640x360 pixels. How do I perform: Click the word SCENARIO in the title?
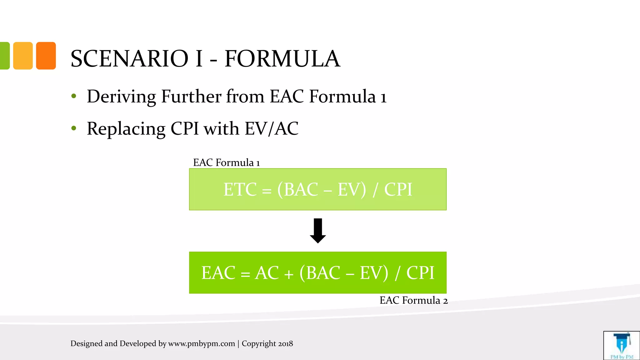(129, 59)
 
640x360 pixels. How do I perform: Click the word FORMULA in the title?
(282, 59)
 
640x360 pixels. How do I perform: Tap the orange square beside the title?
(46, 56)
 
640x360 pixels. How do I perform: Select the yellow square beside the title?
(23, 56)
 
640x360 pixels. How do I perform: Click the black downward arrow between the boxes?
(318, 231)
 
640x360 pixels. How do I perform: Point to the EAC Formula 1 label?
(226, 162)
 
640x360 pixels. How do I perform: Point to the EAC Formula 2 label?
(413, 300)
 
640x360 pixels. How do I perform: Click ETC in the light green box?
(240, 190)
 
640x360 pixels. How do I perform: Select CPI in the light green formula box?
(398, 190)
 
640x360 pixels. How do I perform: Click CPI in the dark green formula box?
(420, 273)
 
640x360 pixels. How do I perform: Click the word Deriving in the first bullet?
(121, 96)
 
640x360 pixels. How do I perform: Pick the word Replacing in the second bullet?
(126, 128)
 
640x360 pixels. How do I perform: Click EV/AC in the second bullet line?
(271, 128)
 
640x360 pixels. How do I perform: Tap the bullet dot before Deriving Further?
(74, 96)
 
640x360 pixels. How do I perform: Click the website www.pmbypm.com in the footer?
(201, 343)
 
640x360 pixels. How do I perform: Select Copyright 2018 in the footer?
(267, 343)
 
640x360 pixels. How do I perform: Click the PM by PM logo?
(622, 346)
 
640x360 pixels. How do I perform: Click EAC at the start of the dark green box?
(218, 273)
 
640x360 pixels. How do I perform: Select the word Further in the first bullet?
(191, 96)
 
